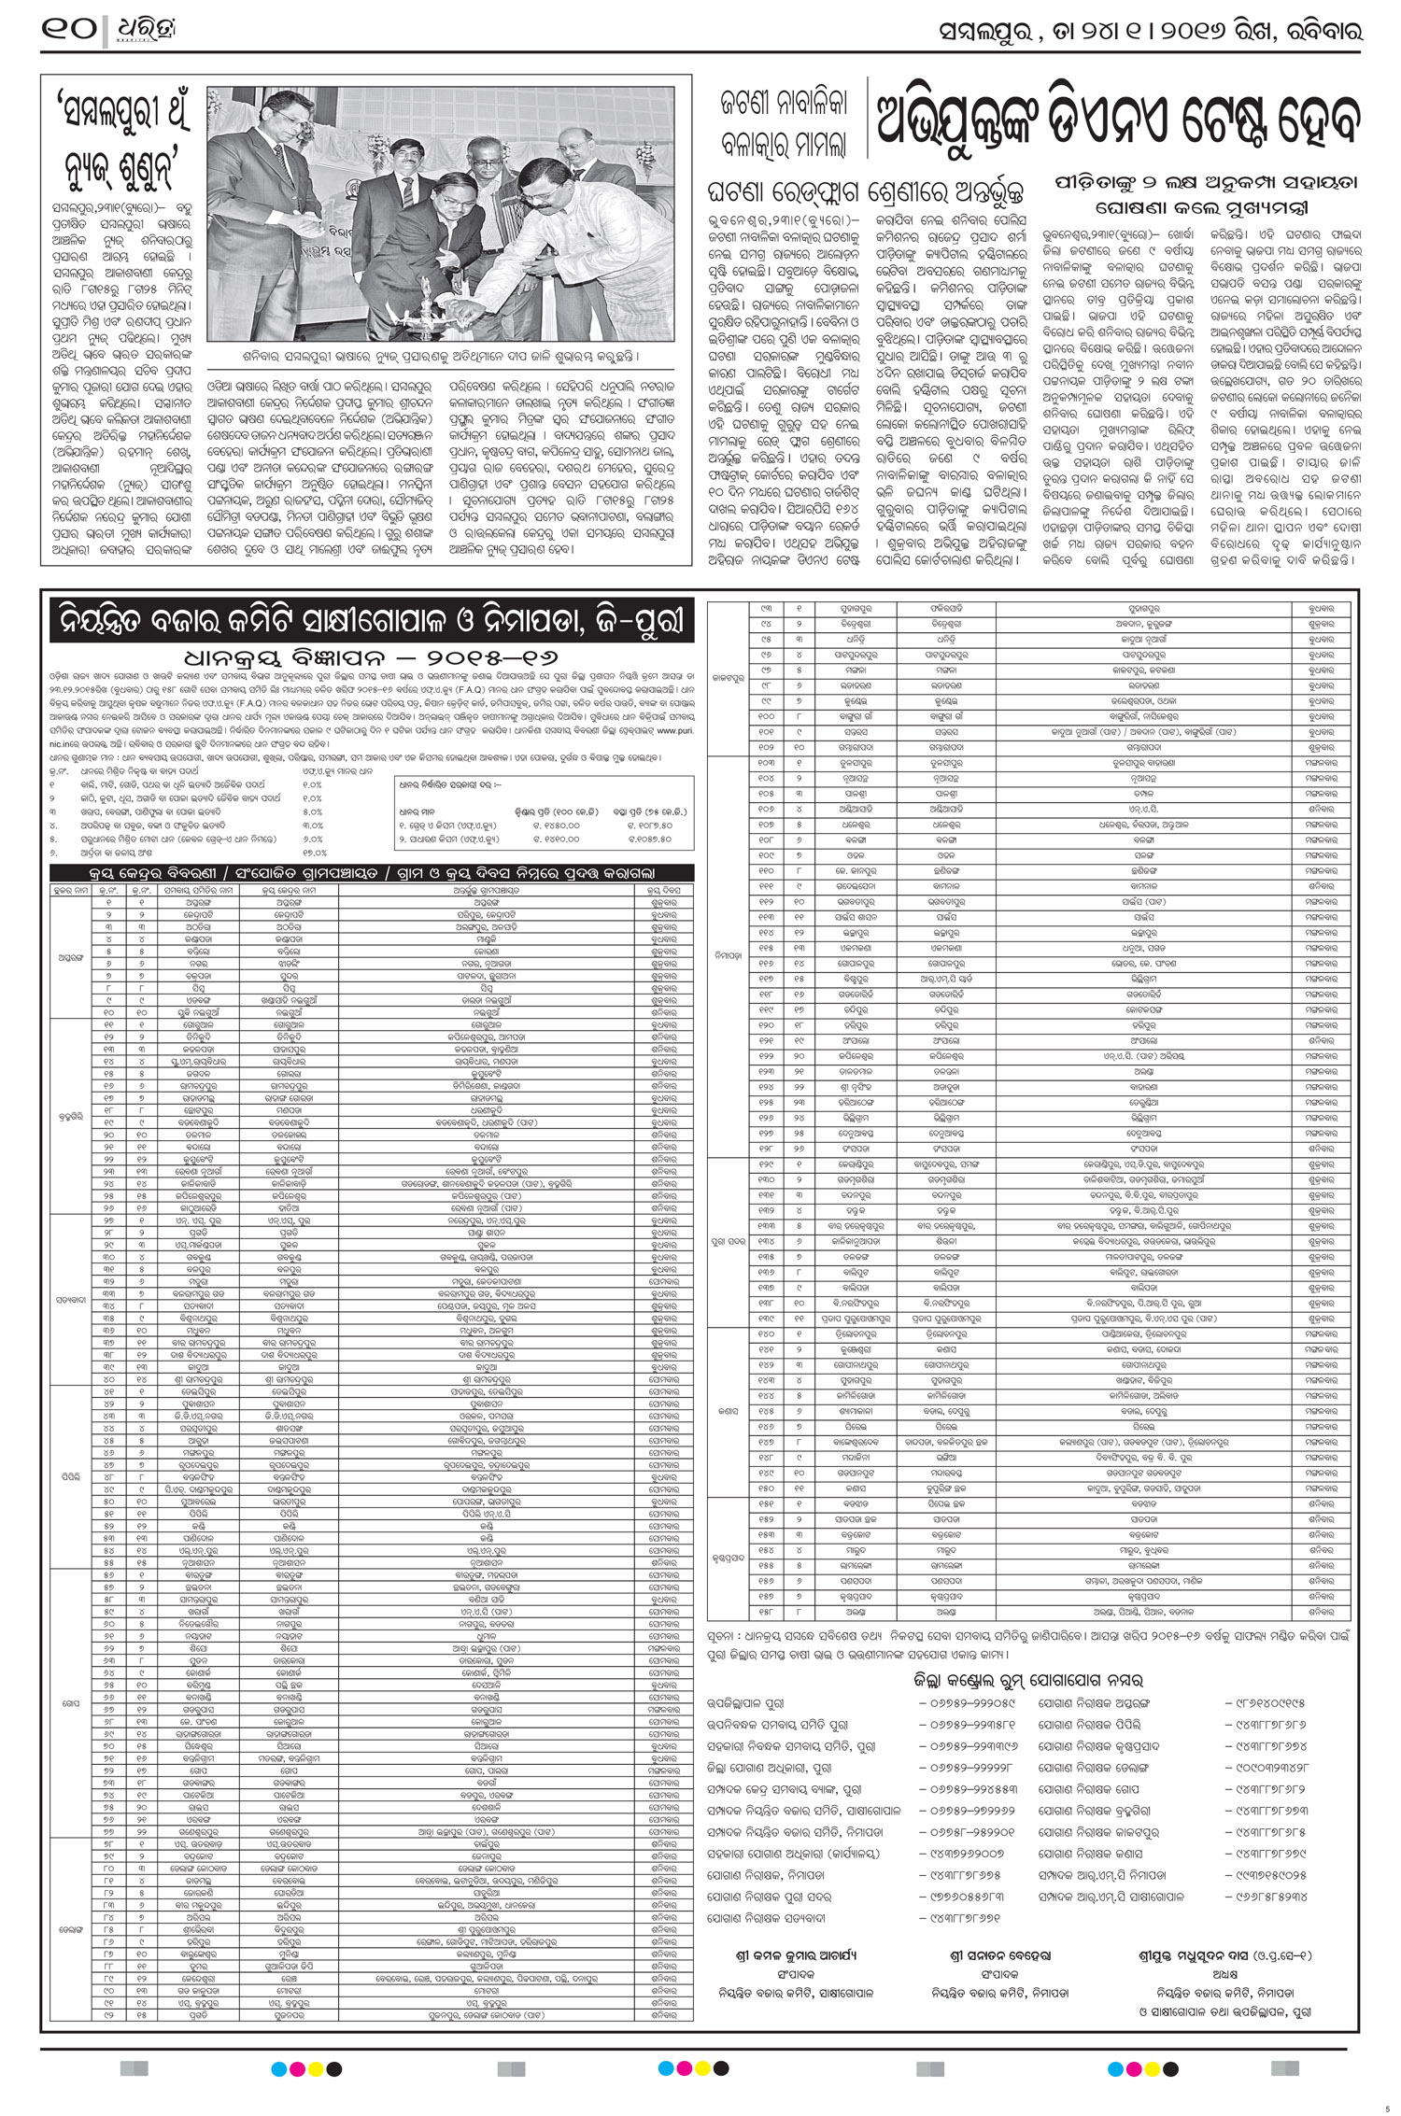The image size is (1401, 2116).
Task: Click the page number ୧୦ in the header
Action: pos(68,30)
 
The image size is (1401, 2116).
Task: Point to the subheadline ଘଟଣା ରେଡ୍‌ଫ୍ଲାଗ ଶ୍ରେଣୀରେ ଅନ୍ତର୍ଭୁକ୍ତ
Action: pos(865,193)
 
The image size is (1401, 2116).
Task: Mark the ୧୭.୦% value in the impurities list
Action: pos(314,852)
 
